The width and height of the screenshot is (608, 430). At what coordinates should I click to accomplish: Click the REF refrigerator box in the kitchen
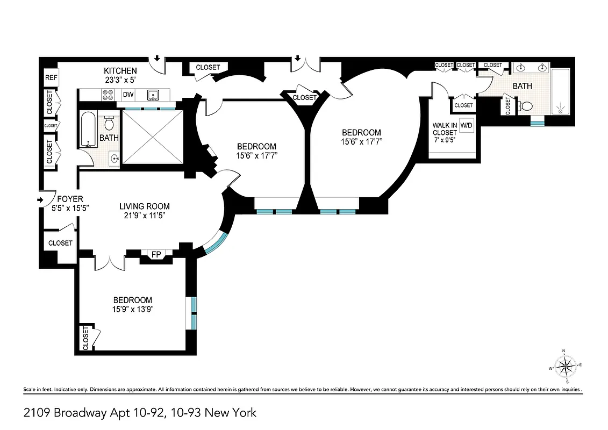(51, 78)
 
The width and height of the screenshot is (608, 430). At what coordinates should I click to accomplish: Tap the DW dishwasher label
(128, 95)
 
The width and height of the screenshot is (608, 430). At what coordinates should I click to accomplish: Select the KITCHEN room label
(120, 71)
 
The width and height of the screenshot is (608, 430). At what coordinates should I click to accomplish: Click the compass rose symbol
(564, 368)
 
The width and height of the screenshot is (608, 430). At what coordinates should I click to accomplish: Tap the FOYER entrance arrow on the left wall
(41, 200)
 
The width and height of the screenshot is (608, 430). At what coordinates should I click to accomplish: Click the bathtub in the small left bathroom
(88, 129)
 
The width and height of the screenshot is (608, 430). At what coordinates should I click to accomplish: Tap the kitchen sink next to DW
(153, 95)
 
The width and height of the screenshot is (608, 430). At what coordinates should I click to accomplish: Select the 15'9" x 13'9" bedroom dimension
(132, 310)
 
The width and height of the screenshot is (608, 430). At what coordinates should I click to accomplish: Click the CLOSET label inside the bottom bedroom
(86, 339)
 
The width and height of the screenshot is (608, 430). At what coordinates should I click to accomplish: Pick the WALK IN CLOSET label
(445, 130)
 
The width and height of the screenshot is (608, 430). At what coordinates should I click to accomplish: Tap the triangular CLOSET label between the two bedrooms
(305, 98)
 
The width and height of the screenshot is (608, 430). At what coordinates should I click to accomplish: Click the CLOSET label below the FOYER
(60, 243)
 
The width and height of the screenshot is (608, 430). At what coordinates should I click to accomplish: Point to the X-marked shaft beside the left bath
(153, 137)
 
